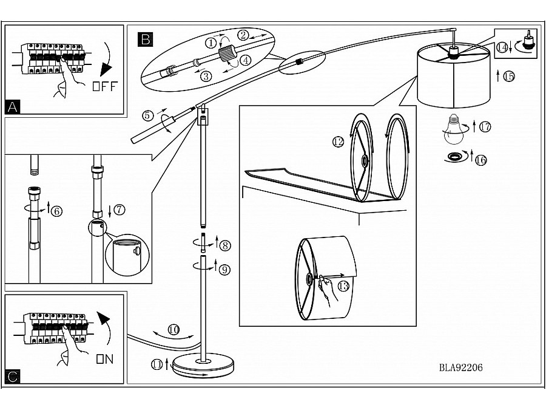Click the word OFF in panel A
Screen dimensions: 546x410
point(105,86)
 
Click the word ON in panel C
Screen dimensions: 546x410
point(105,359)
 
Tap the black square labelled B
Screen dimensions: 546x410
point(145,39)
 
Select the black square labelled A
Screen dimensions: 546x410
point(13,107)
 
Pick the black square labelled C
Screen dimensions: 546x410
point(13,377)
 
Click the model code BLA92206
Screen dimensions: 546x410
point(460,367)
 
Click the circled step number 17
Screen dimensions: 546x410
point(485,127)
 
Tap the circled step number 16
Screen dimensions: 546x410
point(481,160)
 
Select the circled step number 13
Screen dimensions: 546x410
point(343,286)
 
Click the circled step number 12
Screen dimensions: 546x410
point(338,142)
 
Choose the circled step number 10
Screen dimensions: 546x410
point(174,329)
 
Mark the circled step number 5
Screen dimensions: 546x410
point(147,115)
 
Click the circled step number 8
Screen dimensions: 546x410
point(225,245)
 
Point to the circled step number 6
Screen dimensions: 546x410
point(56,211)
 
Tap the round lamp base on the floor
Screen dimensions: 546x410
point(204,366)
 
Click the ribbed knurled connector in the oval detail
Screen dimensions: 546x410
point(227,53)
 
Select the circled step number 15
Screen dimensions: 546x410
point(509,76)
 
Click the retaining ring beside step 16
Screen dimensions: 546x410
point(456,157)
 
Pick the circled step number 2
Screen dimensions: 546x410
point(243,35)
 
